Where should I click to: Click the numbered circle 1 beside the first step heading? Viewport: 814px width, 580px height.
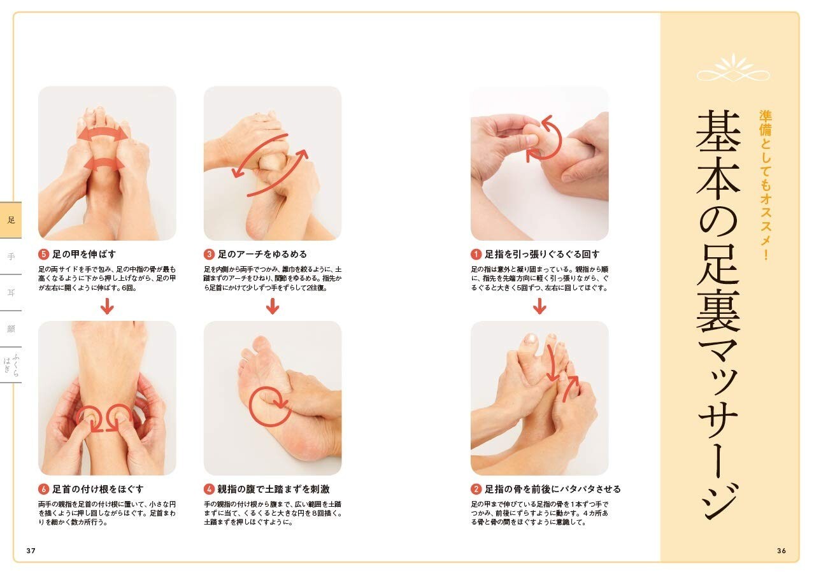(476, 254)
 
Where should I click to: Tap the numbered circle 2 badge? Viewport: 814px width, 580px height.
(476, 489)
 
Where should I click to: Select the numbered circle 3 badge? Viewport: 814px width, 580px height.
(209, 254)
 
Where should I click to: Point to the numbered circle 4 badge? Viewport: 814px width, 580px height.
(209, 489)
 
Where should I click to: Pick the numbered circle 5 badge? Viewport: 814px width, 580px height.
(43, 254)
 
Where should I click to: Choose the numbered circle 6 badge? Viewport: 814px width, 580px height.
(43, 489)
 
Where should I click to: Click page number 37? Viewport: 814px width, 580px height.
(31, 551)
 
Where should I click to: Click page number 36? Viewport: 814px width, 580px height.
(782, 551)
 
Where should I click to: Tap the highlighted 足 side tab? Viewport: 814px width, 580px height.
(11, 220)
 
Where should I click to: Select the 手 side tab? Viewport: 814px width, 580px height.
(11, 257)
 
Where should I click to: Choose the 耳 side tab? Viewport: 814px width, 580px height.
(11, 293)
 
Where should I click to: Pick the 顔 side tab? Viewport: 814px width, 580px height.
(11, 329)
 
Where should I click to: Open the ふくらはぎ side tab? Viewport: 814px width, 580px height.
(11, 365)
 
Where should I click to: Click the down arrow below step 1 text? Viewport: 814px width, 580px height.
(539, 306)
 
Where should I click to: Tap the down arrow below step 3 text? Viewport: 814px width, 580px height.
(273, 306)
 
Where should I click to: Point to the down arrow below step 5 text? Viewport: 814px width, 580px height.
(107, 306)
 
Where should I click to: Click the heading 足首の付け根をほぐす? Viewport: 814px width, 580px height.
(98, 489)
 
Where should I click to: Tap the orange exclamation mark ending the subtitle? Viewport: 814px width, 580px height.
(766, 255)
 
